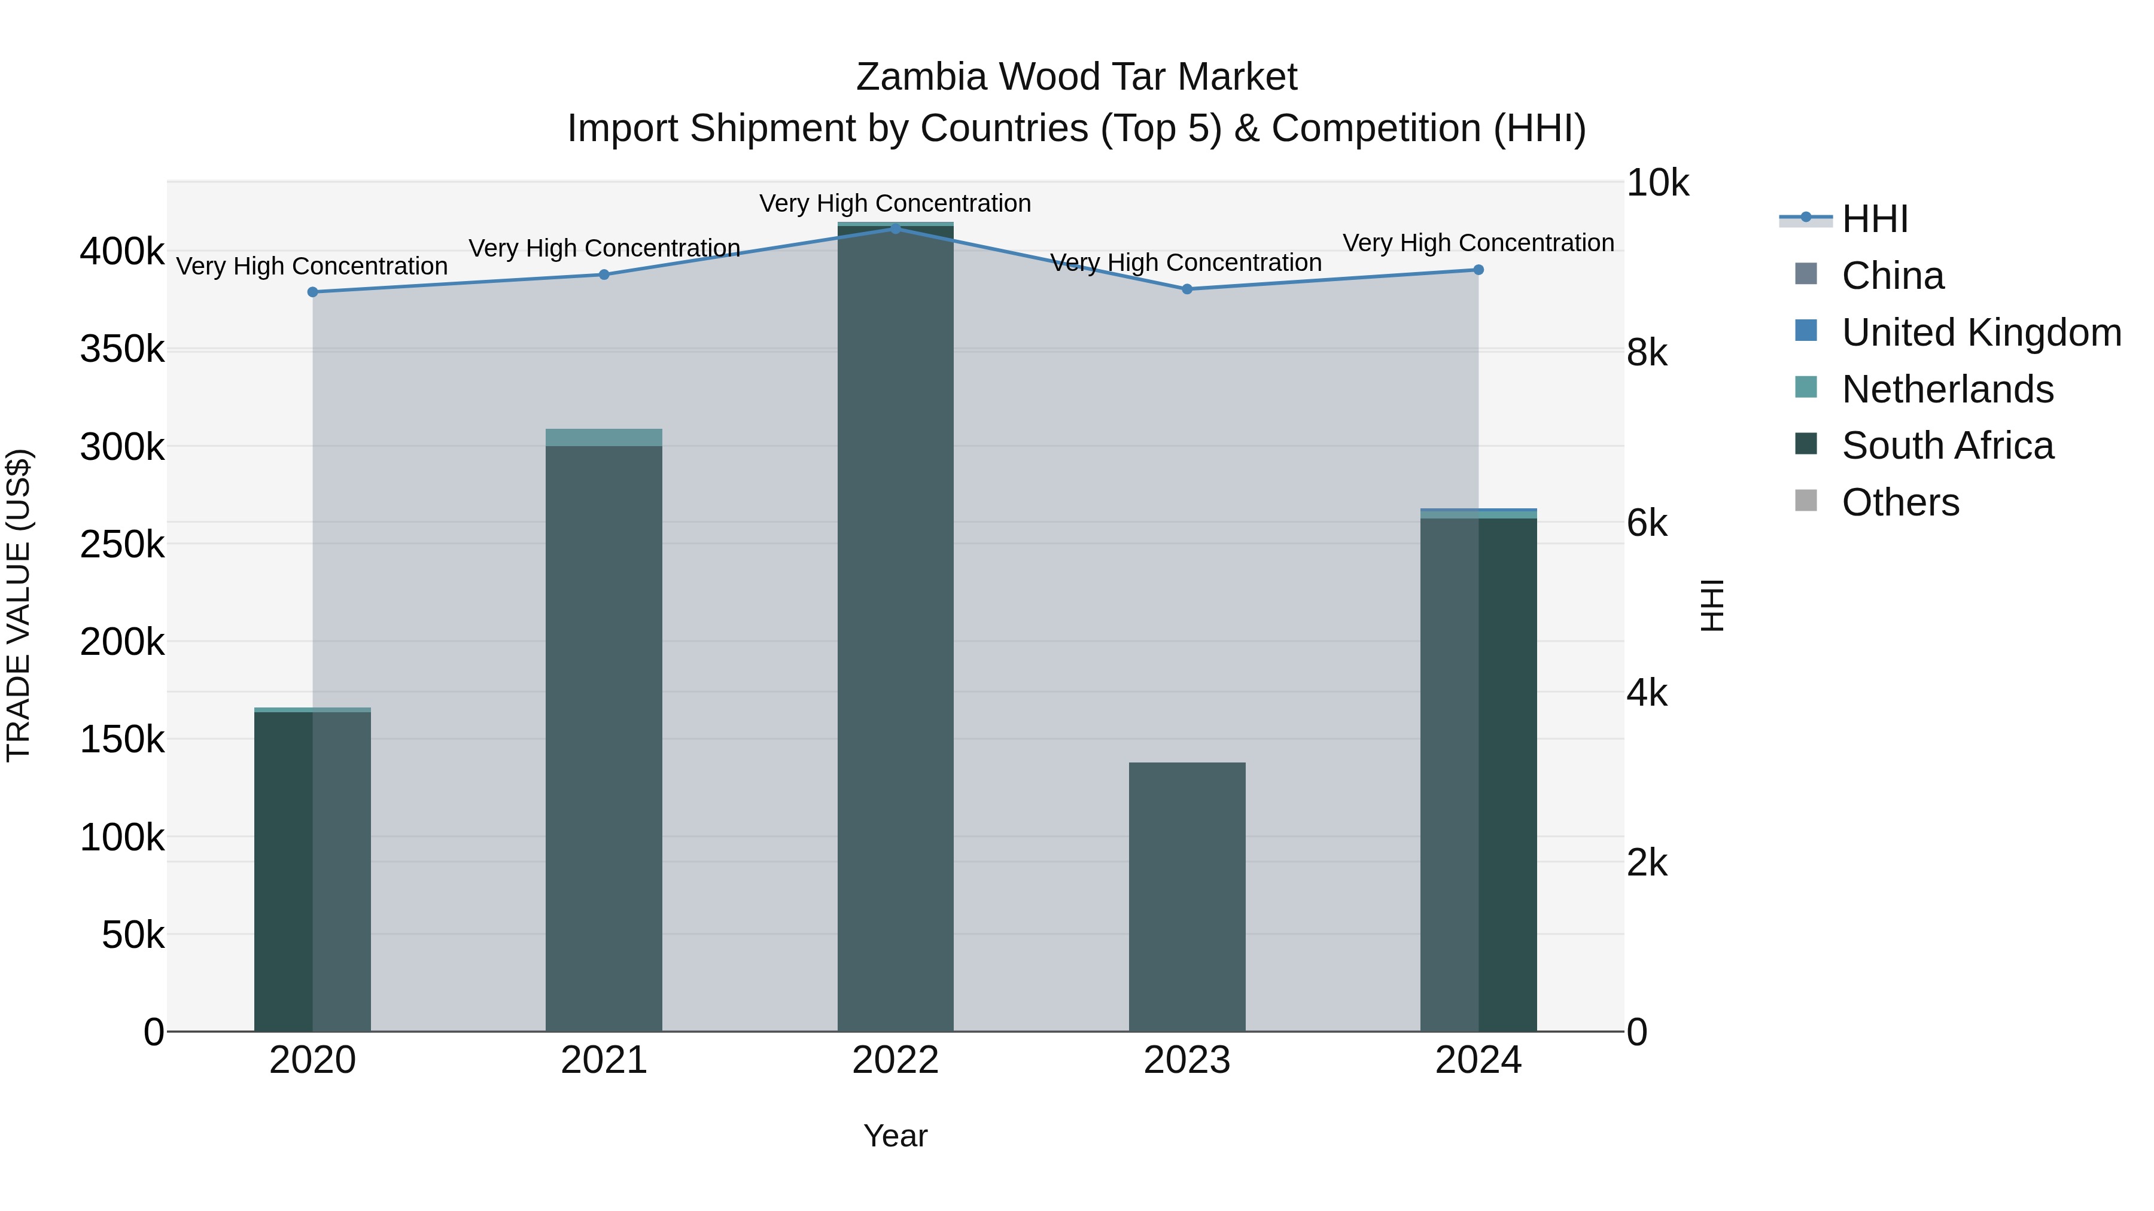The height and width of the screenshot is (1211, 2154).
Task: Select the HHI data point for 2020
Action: point(313,292)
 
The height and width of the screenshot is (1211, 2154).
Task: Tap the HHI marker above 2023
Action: point(1186,289)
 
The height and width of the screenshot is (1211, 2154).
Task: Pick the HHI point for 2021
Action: point(604,274)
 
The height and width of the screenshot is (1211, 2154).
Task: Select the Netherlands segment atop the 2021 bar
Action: point(604,437)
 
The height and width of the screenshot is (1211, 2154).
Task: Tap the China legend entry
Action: point(1893,276)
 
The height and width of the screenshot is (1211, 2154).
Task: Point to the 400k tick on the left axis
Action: point(122,251)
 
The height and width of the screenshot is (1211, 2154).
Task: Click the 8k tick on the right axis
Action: point(1647,353)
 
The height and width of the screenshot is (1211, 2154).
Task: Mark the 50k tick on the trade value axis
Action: point(133,935)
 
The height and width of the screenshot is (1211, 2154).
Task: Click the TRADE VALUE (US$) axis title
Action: point(19,605)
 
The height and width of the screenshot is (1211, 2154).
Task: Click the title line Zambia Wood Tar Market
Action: point(1076,77)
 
